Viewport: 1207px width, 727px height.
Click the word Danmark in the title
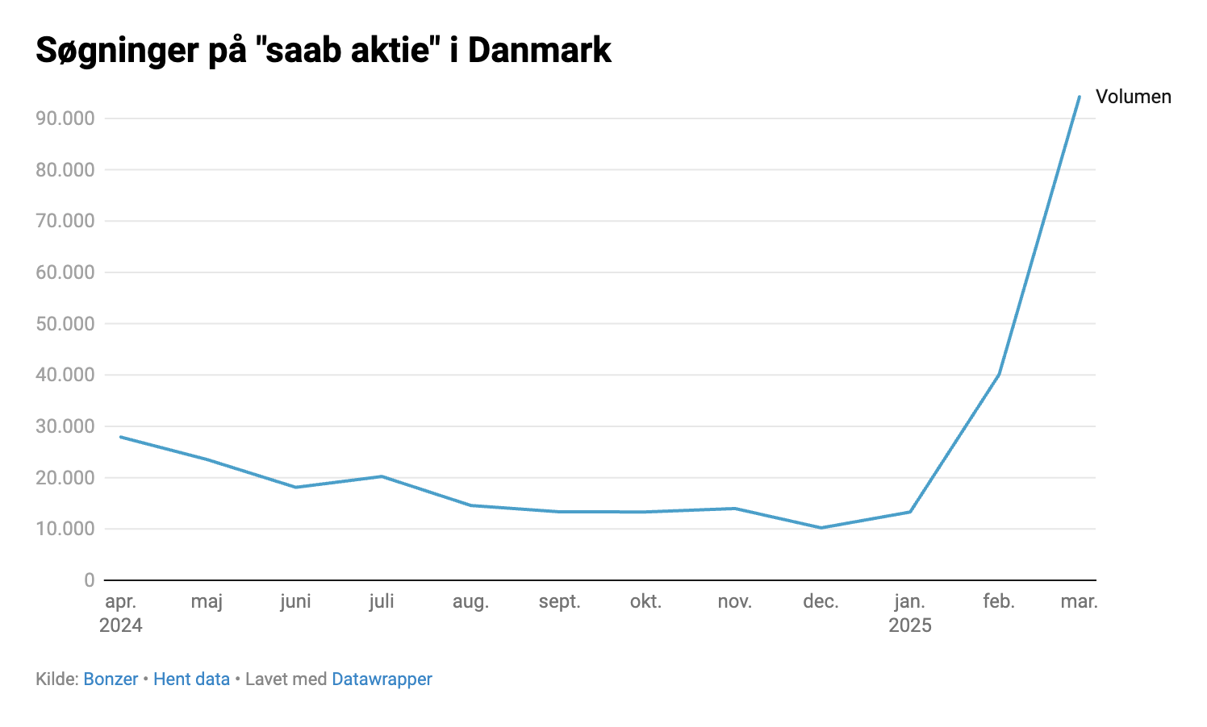pos(539,50)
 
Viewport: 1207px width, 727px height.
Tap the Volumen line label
pos(1133,97)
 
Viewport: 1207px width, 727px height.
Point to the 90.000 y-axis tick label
pos(65,118)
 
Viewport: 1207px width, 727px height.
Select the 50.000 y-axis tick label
pos(65,324)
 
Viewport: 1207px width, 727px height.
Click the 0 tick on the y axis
pos(89,580)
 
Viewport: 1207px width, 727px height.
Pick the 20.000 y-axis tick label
pos(65,478)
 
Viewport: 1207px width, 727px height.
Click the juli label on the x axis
pos(382,601)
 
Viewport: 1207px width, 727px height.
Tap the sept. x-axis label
pos(559,601)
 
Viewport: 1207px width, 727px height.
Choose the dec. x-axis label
pos(821,601)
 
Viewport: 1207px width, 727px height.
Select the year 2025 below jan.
pos(910,625)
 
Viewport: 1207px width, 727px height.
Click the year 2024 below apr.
pos(121,625)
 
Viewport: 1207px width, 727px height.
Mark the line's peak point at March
pos(1079,97)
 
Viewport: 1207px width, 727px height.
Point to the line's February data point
pos(999,374)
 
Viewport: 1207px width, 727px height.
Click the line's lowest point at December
pos(821,528)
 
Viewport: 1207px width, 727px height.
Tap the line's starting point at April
pos(121,437)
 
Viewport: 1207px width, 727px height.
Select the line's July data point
pos(382,476)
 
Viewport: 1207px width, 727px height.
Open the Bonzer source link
pos(111,679)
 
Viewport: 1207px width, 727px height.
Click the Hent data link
pos(191,679)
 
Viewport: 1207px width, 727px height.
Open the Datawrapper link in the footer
pos(382,679)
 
